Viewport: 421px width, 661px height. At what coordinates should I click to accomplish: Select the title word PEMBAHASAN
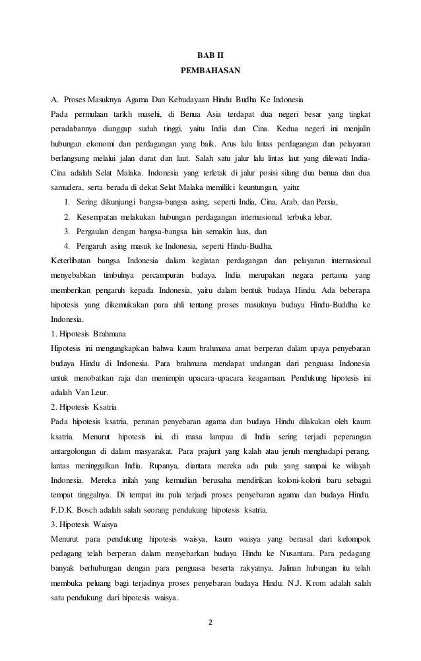[210, 69]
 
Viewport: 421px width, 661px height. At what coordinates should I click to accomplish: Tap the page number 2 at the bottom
[210, 622]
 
